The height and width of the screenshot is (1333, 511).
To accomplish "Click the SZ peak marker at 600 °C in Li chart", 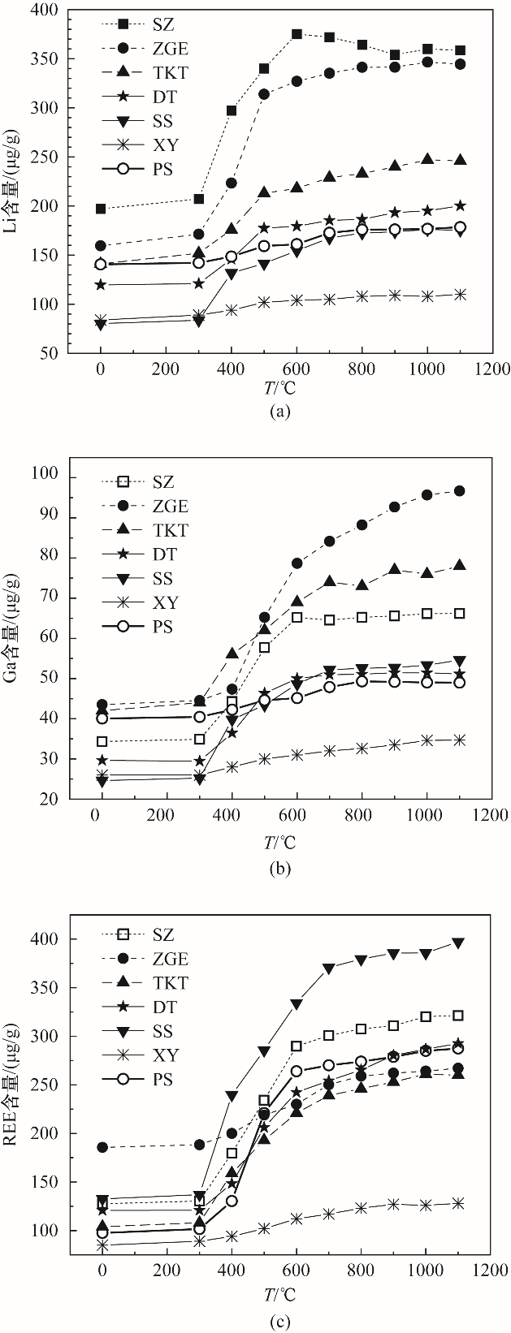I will (x=297, y=34).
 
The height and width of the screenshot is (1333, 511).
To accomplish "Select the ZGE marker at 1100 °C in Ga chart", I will (x=459, y=490).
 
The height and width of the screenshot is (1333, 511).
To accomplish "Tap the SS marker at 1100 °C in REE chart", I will (x=459, y=943).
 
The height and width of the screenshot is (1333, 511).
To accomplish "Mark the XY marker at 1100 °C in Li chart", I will (x=459, y=295).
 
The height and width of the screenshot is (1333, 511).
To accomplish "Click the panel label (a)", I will (x=279, y=412).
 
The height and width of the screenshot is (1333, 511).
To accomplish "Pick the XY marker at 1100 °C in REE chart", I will (x=459, y=1203).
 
